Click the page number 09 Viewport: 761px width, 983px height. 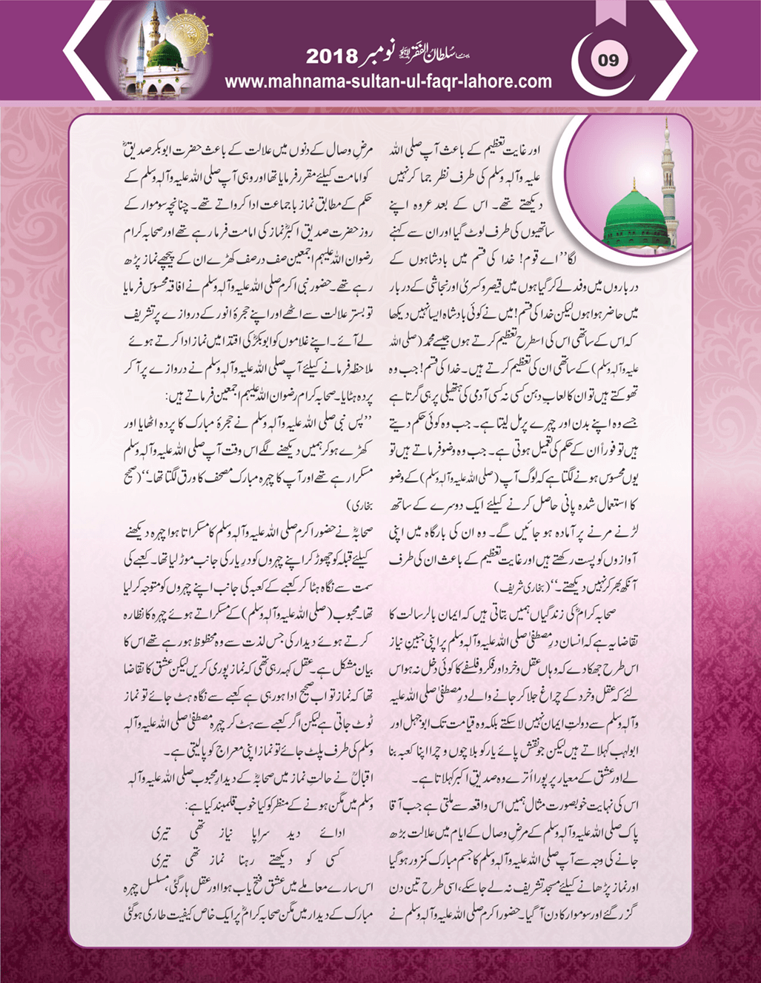coord(608,60)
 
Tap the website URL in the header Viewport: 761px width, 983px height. coord(388,81)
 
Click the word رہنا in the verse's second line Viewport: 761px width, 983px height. coord(247,859)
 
